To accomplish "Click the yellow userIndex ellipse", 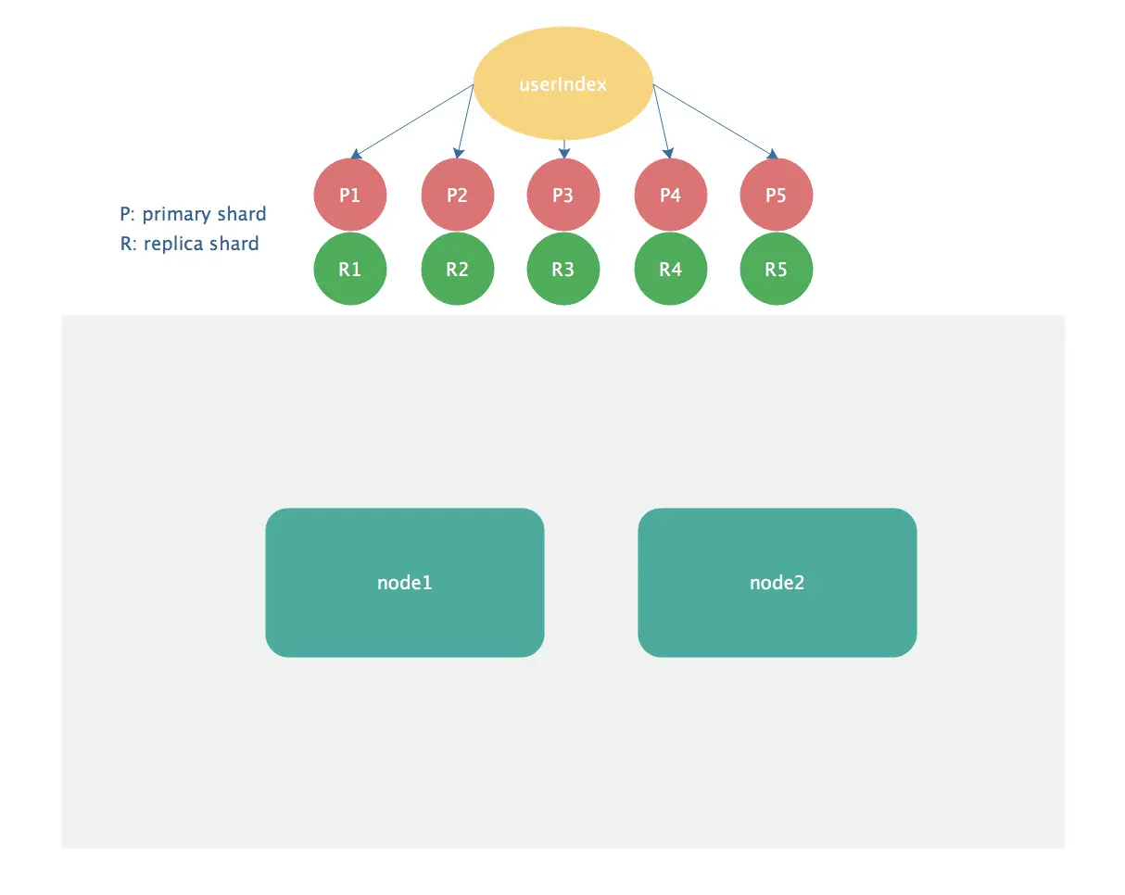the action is pyautogui.click(x=563, y=83).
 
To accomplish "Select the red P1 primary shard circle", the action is pyautogui.click(x=349, y=195).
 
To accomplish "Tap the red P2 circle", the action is pyautogui.click(x=458, y=195).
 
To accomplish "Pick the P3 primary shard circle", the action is pyautogui.click(x=563, y=195).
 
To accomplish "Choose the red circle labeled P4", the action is pyautogui.click(x=671, y=195).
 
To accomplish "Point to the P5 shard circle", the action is pyautogui.click(x=777, y=195).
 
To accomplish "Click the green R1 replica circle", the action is pyautogui.click(x=349, y=269).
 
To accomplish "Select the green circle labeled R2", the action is pyautogui.click(x=458, y=269).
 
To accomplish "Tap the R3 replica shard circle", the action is pyautogui.click(x=563, y=269).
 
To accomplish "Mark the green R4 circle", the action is pyautogui.click(x=671, y=269).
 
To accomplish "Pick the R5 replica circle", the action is pyautogui.click(x=777, y=269).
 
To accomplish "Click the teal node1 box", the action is pyautogui.click(x=405, y=583).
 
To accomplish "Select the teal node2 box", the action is pyautogui.click(x=777, y=583).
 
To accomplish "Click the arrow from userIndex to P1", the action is pyautogui.click(x=412, y=121).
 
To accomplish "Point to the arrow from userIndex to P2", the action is pyautogui.click(x=465, y=121).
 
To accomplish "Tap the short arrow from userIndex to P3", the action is pyautogui.click(x=563, y=149).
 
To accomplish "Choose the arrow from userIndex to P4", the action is pyautogui.click(x=662, y=121).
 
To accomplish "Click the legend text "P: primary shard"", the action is pyautogui.click(x=193, y=214).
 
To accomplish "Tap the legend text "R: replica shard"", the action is pyautogui.click(x=189, y=244).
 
